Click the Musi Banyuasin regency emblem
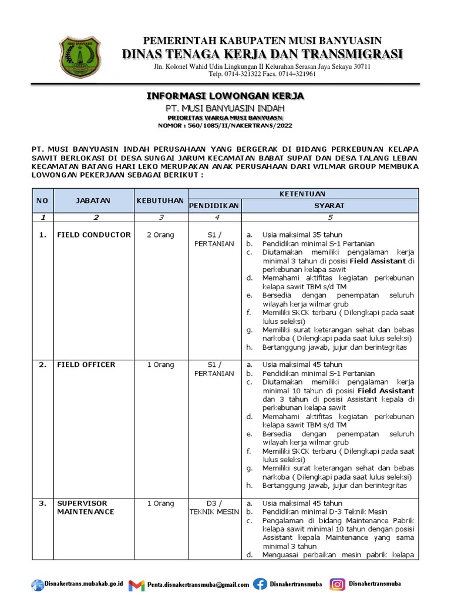80,57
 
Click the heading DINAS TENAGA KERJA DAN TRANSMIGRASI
263,55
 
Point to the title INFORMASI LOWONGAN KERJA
225,96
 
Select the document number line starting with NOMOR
225,125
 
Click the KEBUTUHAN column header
160,200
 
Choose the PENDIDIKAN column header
214,206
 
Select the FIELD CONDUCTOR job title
94,235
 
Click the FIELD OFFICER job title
86,364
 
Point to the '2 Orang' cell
160,235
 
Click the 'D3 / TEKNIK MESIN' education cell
214,507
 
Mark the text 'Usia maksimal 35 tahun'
302,235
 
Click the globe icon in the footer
38,584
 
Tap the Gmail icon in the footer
136,585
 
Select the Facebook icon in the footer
260,584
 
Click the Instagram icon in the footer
337,584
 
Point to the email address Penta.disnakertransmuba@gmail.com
198,585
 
